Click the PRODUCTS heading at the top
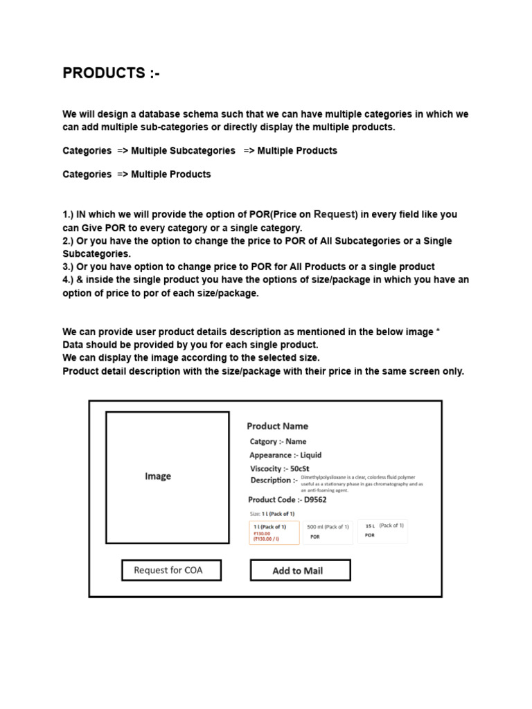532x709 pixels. point(111,73)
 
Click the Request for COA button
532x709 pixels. point(171,570)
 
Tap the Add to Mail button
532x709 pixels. point(300,571)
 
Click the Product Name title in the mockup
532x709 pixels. point(277,426)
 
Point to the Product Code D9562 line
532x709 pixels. point(287,499)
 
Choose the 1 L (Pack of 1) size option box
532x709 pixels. point(274,532)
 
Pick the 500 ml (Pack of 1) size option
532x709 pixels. point(328,532)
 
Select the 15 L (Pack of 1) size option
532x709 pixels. point(382,530)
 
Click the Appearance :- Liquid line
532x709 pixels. point(285,455)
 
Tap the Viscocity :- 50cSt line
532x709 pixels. point(279,469)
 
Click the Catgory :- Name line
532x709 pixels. point(278,441)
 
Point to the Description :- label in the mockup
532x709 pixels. point(274,480)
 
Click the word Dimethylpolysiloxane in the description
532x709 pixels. point(323,477)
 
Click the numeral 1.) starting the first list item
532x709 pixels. point(69,215)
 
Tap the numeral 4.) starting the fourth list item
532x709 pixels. point(69,280)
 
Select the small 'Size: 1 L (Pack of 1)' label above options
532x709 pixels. point(272,514)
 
